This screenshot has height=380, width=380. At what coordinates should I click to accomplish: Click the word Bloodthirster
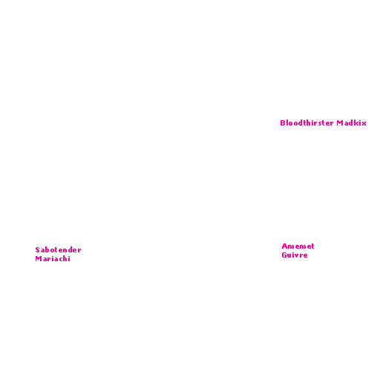pos(307,122)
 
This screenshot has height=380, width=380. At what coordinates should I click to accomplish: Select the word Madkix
pos(351,122)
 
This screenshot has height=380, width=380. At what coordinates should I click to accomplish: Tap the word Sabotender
pos(58,249)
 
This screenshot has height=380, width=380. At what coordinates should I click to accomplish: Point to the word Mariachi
pos(53,258)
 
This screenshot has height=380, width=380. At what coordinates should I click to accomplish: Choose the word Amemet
pos(298,246)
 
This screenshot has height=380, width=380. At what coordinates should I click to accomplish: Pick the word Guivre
pos(295,255)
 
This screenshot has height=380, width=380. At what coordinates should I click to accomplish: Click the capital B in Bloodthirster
pos(283,122)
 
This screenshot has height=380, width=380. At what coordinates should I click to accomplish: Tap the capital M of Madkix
pos(340,122)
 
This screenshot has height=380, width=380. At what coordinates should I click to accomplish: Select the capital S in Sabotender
pos(38,249)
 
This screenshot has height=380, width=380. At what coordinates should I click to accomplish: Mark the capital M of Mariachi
pos(39,258)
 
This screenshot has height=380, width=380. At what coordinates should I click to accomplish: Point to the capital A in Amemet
pos(284,246)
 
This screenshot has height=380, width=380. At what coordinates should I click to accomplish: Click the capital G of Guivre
pos(284,255)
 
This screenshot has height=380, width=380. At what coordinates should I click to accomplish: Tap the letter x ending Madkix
pos(364,123)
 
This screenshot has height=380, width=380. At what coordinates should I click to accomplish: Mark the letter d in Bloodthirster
pos(300,122)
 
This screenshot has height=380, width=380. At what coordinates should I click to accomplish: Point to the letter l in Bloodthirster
pos(287,122)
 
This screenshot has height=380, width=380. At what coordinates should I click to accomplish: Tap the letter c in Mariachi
pos(60,259)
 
